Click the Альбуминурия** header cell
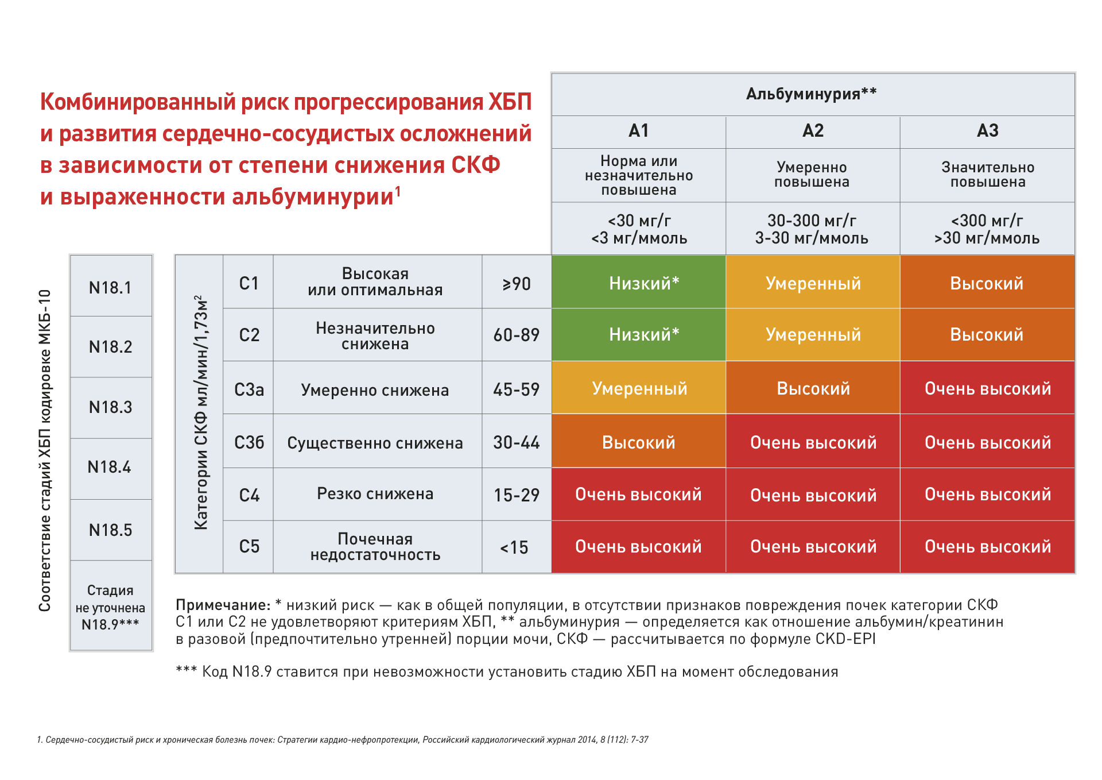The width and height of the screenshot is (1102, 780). [812, 94]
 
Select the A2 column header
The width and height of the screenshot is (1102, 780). [813, 132]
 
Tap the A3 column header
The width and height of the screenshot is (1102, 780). [987, 132]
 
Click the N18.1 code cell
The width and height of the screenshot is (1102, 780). [111, 287]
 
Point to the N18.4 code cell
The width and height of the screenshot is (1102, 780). [110, 467]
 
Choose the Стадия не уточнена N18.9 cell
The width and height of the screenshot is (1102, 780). [111, 607]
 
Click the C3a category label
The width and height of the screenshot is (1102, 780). [249, 389]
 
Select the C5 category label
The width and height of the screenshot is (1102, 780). [249, 546]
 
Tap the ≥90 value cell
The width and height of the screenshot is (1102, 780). [517, 284]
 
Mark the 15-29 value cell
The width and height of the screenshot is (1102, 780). [517, 495]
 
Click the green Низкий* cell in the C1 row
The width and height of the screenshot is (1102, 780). [638, 283]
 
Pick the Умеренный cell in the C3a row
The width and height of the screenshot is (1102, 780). [639, 389]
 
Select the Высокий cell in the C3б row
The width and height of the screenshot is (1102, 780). [638, 442]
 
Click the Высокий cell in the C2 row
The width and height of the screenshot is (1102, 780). [987, 335]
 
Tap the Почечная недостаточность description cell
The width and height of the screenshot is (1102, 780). [375, 547]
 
